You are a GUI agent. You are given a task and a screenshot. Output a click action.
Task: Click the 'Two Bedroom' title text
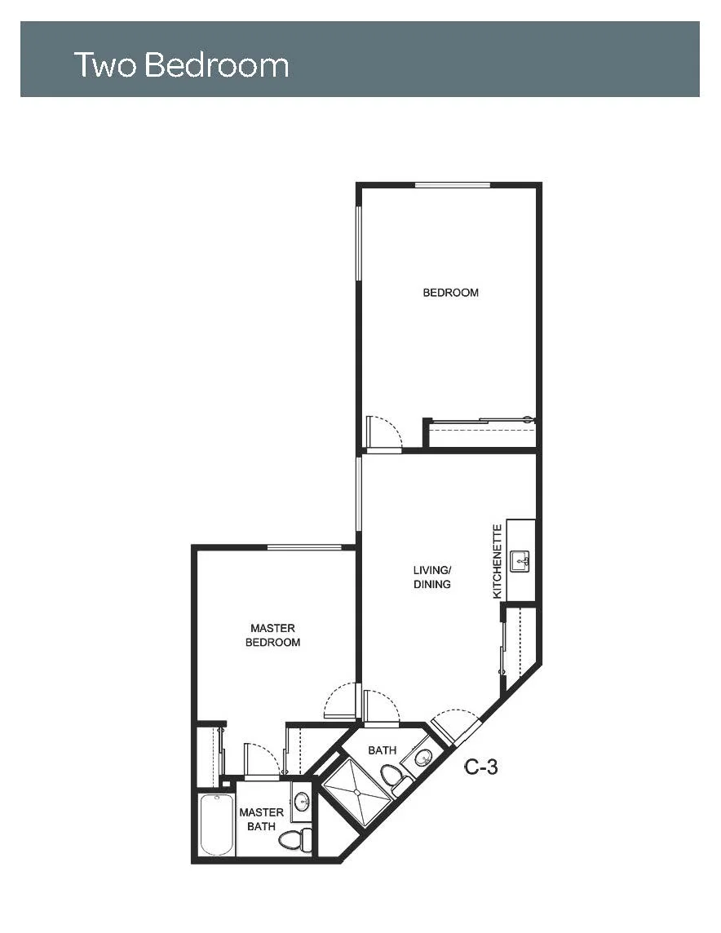[x=181, y=65]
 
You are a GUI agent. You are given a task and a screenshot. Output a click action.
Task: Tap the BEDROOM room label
[x=450, y=293]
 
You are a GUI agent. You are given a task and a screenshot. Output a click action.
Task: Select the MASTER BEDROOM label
[x=272, y=635]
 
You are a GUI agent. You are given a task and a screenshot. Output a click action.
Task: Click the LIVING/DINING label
[x=432, y=577]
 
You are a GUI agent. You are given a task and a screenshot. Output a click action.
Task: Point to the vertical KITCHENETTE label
[x=498, y=561]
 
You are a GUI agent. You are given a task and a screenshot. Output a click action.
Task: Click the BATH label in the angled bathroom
[x=382, y=750]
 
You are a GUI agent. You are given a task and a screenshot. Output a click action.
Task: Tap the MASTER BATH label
[x=261, y=820]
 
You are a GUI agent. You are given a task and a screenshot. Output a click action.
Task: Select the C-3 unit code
[x=480, y=767]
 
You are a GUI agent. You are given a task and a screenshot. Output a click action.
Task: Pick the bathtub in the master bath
[x=215, y=825]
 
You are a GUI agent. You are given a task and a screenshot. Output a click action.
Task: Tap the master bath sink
[x=303, y=801]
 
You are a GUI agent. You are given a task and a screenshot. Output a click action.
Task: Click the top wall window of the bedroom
[x=453, y=185]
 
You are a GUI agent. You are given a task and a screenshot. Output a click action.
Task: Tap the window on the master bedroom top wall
[x=304, y=546]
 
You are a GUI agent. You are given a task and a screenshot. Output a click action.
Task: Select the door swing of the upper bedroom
[x=385, y=431]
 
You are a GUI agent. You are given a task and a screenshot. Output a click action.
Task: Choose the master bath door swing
[x=262, y=759]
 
